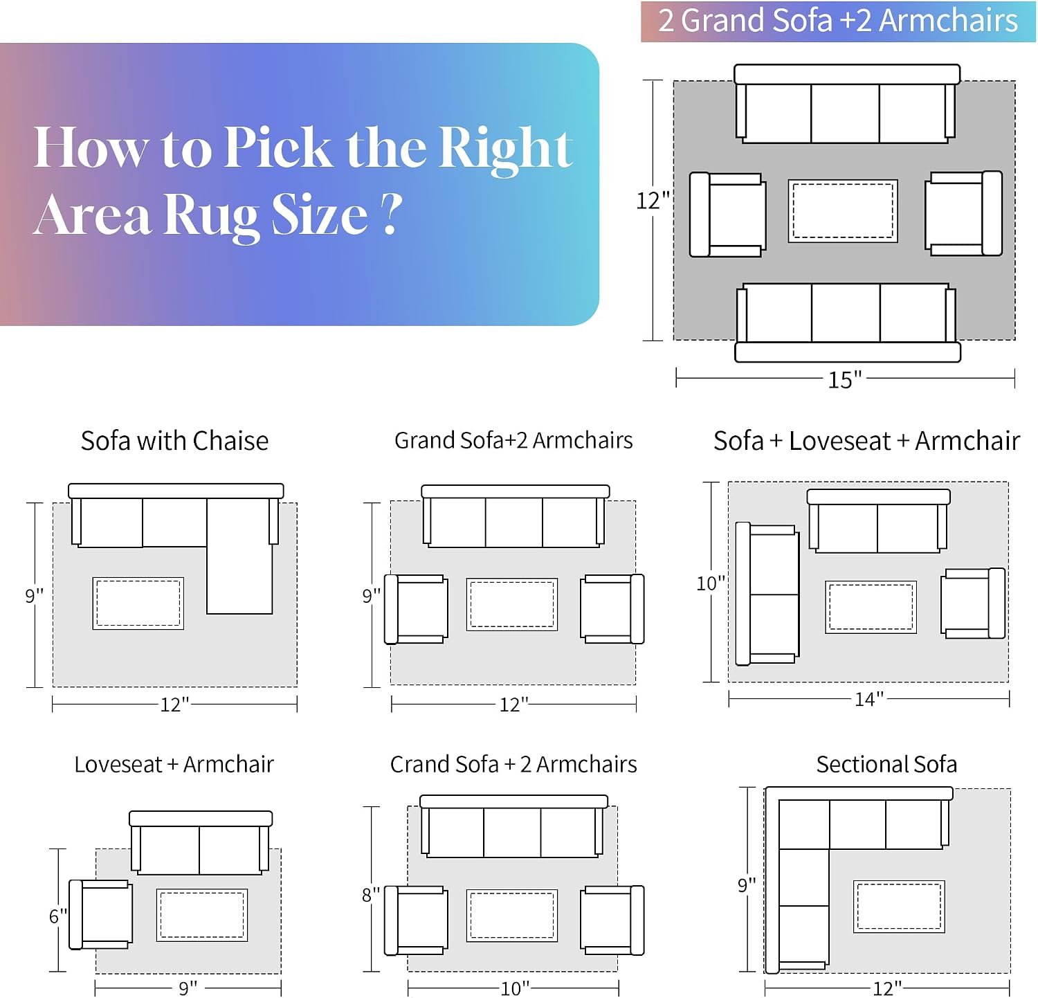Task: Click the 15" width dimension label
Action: coord(845,379)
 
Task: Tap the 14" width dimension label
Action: coord(869,699)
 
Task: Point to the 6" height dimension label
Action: coord(58,916)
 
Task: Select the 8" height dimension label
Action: coord(371,895)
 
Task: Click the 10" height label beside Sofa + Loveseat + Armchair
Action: coord(711,583)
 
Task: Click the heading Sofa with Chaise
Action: coord(174,441)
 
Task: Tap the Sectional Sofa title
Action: coord(886,764)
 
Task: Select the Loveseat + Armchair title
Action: coord(174,764)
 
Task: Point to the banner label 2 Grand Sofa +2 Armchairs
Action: coord(838,21)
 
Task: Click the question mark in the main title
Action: coord(392,214)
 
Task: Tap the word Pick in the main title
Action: coord(278,147)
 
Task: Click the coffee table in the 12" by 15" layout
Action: coord(843,211)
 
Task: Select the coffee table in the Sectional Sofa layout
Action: coord(899,907)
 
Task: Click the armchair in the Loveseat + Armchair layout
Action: coord(101,914)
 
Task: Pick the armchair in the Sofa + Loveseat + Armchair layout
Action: coord(973,603)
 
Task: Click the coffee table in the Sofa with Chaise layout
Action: coord(138,604)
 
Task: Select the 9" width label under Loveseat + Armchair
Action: coord(188,988)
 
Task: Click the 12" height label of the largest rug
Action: coord(653,201)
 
